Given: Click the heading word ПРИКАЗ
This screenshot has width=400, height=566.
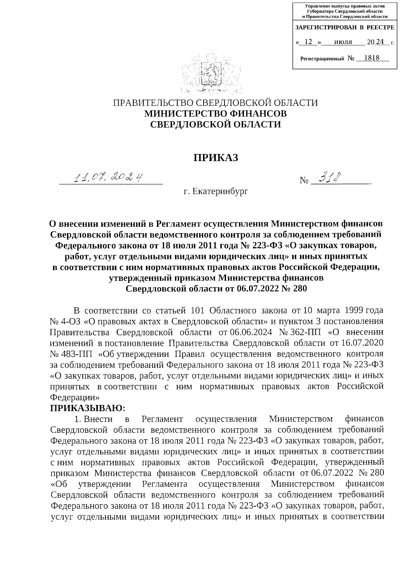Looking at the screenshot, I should coord(216,157).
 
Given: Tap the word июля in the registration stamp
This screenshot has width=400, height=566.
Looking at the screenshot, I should coord(343,42).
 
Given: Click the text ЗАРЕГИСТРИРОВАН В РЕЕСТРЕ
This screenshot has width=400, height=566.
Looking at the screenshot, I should coord(345,27).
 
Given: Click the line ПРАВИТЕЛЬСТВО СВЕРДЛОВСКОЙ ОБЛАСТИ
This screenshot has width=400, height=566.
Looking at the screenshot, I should coord(216,103).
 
